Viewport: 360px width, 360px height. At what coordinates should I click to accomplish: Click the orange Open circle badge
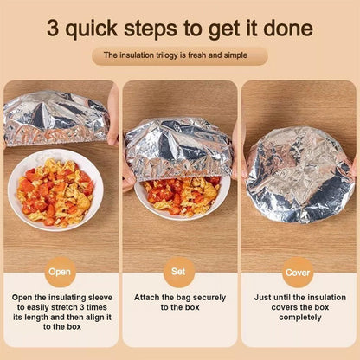click(x=60, y=270)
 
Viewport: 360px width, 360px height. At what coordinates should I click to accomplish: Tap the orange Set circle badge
click(x=179, y=270)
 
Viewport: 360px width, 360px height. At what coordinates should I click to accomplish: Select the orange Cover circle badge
click(x=298, y=270)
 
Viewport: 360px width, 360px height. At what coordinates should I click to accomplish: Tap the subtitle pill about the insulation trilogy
click(x=179, y=55)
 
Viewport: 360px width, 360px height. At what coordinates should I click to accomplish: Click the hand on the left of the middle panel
click(x=128, y=170)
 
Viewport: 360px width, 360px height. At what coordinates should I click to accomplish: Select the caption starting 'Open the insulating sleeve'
click(x=60, y=313)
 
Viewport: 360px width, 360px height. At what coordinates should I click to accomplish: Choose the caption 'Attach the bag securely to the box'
click(x=179, y=302)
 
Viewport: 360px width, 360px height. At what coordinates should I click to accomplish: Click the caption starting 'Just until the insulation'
click(x=298, y=307)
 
